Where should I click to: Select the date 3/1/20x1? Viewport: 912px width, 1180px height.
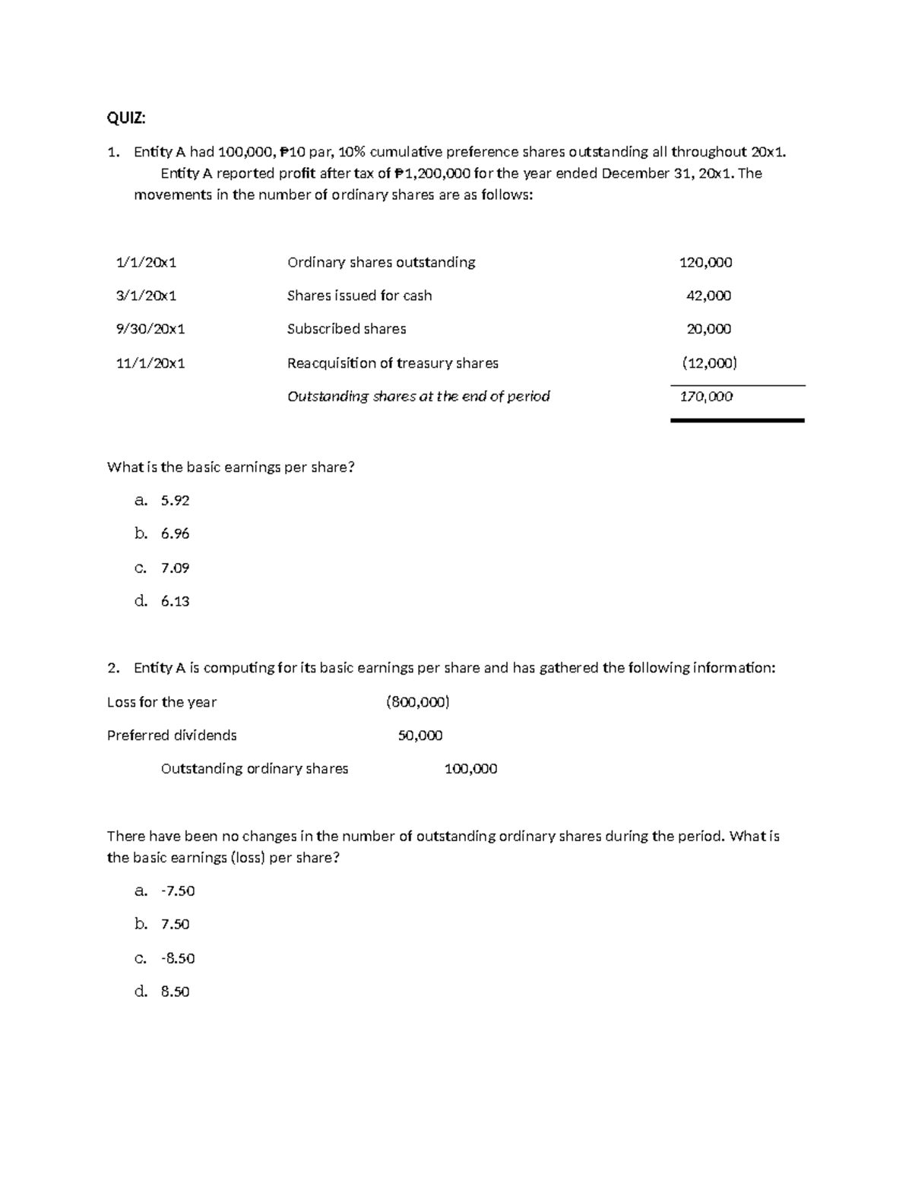pos(146,296)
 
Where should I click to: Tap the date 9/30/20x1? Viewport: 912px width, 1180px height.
pos(150,329)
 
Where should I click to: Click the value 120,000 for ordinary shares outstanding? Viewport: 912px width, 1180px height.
pos(705,262)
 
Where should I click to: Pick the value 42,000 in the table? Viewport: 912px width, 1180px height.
pos(708,296)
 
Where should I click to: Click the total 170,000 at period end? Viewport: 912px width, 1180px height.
pos(706,396)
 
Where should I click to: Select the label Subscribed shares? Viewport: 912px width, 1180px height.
pos(347,329)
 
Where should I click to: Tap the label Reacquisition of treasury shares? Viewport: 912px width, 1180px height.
pos(393,363)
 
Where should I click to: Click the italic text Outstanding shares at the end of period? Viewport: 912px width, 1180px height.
pos(418,396)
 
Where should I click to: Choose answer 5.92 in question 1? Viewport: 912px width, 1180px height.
pos(175,500)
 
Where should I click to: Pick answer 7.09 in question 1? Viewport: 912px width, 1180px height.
pos(175,568)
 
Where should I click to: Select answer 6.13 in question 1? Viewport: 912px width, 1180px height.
pos(175,601)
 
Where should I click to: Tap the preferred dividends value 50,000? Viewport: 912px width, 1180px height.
pos(420,736)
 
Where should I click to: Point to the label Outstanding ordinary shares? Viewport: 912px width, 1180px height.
pos(255,769)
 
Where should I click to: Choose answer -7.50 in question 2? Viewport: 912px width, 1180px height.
pos(178,891)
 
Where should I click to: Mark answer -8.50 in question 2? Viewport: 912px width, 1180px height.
pos(178,958)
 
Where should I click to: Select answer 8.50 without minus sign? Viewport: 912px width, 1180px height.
pos(175,992)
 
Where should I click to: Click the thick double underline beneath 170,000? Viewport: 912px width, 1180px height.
pos(737,419)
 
